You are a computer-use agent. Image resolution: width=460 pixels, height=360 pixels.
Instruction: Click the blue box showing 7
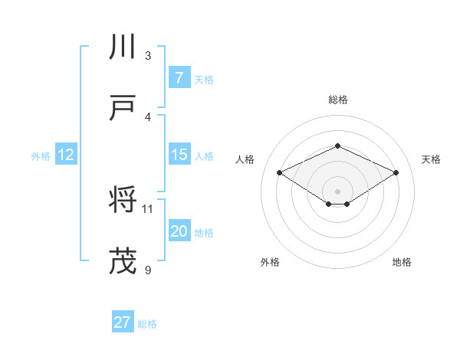click(x=179, y=78)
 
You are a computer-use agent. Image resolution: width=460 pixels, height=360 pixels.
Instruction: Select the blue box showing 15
click(x=179, y=155)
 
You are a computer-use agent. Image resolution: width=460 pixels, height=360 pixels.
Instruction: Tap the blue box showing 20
click(x=179, y=231)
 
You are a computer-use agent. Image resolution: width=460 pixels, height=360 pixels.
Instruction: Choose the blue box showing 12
click(x=65, y=155)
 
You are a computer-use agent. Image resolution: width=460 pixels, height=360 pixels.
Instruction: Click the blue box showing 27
click(x=122, y=322)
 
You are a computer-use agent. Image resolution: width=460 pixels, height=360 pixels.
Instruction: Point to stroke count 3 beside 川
click(x=148, y=56)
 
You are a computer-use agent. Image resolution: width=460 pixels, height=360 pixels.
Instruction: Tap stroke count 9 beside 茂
click(x=148, y=270)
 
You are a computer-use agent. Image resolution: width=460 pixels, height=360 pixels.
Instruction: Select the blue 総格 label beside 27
click(x=147, y=324)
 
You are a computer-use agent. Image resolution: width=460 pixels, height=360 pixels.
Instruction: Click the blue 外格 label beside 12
click(x=41, y=156)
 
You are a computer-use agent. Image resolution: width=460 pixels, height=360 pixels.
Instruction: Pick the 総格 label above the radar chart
click(x=337, y=100)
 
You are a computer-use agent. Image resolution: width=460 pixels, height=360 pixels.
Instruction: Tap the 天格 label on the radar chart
click(x=431, y=159)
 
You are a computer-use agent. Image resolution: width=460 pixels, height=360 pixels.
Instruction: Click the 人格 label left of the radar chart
click(x=245, y=159)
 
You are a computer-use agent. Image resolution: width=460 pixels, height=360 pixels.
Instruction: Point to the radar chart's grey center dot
click(x=337, y=191)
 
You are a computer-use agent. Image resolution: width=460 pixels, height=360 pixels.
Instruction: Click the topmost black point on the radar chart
click(x=337, y=146)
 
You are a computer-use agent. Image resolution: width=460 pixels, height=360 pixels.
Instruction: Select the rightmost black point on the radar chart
click(x=396, y=173)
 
